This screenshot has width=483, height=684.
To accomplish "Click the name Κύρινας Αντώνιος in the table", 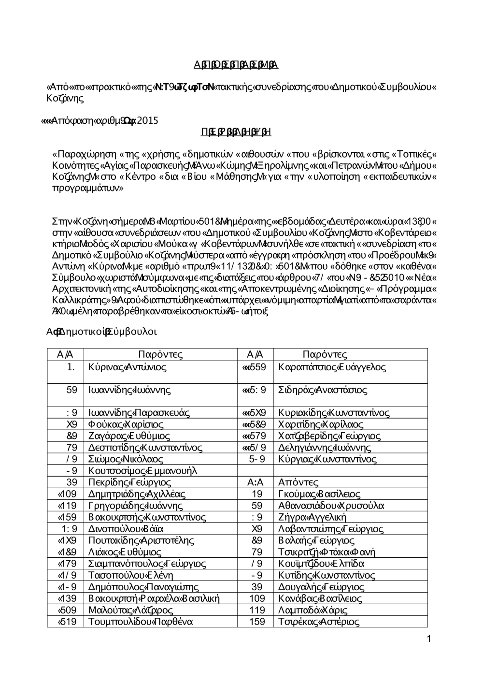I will click(x=128, y=367).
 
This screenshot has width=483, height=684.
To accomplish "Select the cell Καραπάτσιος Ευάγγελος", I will click(x=332, y=367).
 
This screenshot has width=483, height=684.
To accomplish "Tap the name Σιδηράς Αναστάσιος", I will click(x=323, y=390).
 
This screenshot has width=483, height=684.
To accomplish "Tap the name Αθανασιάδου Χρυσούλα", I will click(x=331, y=506).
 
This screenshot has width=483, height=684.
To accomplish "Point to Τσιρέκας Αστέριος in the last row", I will click(x=319, y=622).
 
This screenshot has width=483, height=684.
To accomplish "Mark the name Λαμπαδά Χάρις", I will click(x=313, y=610).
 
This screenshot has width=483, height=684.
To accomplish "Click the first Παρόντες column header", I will click(x=160, y=355).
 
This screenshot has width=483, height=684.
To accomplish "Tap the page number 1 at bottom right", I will click(x=428, y=640).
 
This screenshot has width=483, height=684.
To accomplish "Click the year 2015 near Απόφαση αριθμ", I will click(x=147, y=121).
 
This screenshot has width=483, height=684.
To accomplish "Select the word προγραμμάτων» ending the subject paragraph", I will click(x=88, y=188).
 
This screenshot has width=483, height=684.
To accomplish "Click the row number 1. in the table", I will click(x=71, y=367).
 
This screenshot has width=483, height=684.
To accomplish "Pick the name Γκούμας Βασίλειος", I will click(x=319, y=494).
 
